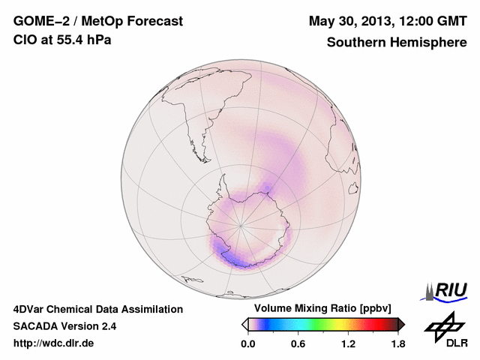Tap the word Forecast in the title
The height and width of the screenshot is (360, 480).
(x=154, y=22)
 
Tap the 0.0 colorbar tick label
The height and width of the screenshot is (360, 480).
(x=248, y=343)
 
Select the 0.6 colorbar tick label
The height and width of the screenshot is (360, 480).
(x=298, y=343)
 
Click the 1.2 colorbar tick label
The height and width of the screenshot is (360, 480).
(x=348, y=343)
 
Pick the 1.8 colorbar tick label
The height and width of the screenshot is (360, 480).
(x=397, y=343)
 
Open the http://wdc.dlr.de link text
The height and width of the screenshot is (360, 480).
(x=54, y=343)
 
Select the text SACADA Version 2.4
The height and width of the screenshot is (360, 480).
(x=64, y=326)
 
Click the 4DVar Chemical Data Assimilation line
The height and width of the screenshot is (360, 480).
(x=98, y=309)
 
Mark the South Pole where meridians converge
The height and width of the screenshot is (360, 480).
(x=240, y=224)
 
